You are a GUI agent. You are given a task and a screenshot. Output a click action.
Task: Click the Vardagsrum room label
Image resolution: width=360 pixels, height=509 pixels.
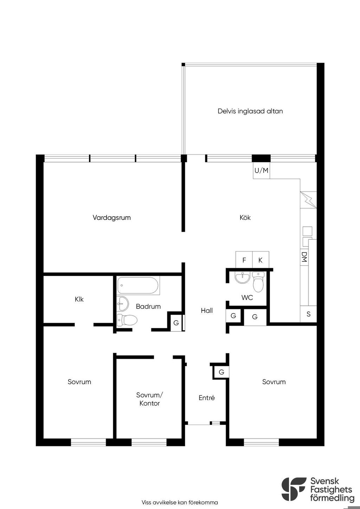pyautogui.click(x=111, y=218)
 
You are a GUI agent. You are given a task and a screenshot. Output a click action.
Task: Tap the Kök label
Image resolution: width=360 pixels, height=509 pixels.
pyautogui.click(x=245, y=218)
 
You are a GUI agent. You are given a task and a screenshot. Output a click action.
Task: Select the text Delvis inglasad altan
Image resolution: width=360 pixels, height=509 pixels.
pyautogui.click(x=250, y=111)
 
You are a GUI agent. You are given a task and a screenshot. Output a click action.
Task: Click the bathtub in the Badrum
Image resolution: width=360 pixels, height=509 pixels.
pyautogui.click(x=138, y=285)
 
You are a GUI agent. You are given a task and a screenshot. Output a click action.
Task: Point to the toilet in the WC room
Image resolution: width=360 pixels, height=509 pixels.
pyautogui.click(x=258, y=282)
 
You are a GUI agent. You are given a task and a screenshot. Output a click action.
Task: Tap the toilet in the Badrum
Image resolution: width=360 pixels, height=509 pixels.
pyautogui.click(x=127, y=320)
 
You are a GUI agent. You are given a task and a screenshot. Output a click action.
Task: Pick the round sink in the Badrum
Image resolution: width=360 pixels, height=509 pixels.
pyautogui.click(x=123, y=304)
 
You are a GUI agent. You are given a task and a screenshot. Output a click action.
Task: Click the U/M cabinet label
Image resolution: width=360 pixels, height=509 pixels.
pyautogui.click(x=261, y=170)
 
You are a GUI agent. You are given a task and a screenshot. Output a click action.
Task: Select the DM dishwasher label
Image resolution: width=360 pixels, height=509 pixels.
pyautogui.click(x=304, y=257)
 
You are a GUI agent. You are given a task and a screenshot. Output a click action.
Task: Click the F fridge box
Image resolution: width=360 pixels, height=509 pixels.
pyautogui.click(x=244, y=260)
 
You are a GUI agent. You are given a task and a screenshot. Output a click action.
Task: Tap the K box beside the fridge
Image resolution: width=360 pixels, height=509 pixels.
pyautogui.click(x=261, y=260)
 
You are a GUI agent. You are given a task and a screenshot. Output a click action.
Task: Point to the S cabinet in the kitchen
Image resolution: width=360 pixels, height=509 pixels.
pyautogui.click(x=308, y=314)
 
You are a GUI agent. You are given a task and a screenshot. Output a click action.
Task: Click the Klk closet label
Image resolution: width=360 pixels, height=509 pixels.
pyautogui.click(x=79, y=299)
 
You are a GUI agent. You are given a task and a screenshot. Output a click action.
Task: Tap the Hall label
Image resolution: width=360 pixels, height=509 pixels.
pyautogui.click(x=207, y=310)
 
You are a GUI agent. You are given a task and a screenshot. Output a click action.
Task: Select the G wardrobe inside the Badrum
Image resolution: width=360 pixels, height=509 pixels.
pyautogui.click(x=176, y=323)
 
